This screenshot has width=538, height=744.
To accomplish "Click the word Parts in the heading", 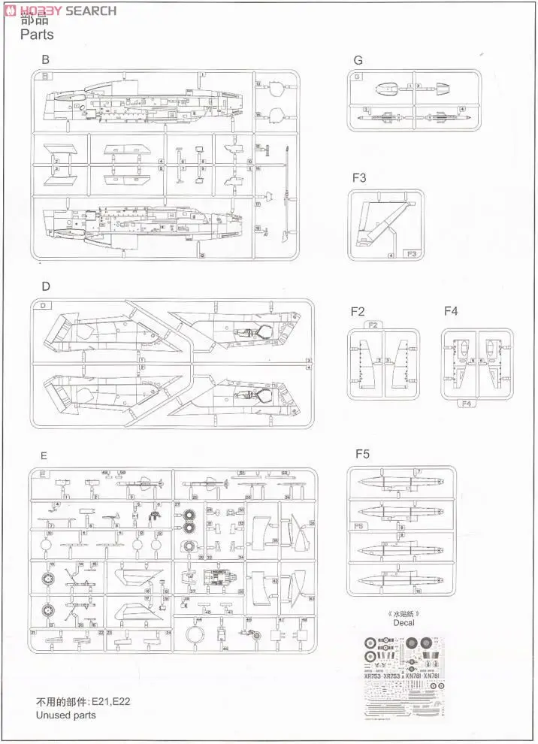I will (37, 35).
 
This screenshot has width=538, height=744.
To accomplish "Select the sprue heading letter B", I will (46, 59).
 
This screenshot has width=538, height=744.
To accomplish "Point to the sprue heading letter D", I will (46, 286).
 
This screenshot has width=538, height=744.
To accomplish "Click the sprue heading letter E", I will (44, 455).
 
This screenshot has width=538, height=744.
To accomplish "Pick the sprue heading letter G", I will (358, 60).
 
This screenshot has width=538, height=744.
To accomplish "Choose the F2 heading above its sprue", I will (358, 311).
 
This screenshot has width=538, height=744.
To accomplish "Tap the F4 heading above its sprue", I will (451, 311).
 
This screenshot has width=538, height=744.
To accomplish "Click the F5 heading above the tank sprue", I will (363, 454).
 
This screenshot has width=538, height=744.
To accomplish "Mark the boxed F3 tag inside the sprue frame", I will (411, 255).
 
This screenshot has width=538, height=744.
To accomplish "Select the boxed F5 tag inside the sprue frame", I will (358, 526).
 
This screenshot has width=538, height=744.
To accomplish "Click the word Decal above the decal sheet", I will (404, 622).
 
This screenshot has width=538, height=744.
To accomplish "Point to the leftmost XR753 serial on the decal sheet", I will (373, 676).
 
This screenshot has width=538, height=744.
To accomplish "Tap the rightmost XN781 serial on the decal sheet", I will (431, 676).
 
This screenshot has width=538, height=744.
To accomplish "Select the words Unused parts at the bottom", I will (66, 715).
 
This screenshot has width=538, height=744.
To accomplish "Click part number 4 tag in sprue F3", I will (391, 256).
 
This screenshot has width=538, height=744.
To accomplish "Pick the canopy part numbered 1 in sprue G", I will (388, 89).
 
